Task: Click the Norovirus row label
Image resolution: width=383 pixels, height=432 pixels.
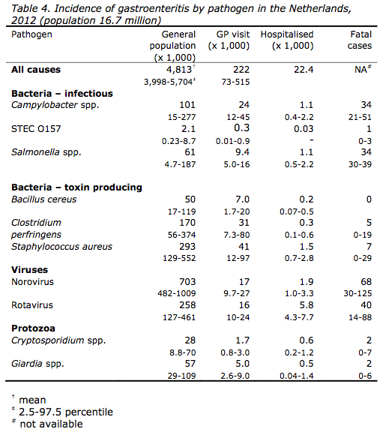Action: coord(32,282)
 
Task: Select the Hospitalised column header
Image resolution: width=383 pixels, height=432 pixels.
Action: coord(287,40)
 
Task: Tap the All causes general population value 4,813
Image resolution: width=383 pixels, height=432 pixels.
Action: coord(178,70)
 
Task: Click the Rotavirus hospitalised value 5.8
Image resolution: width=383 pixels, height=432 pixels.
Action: coord(307,305)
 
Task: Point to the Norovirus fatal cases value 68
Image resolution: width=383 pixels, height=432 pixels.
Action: coord(366,282)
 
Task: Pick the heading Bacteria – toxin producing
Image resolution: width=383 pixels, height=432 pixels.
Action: coord(76,187)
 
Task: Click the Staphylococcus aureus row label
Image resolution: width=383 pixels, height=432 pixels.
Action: coord(61,247)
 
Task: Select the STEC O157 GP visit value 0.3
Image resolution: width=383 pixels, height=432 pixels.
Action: coord(241,127)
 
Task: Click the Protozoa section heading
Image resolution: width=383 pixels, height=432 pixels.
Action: coord(33,328)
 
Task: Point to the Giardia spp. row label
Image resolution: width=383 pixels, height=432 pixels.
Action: coord(37,364)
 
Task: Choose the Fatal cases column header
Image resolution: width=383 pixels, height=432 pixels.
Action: coord(360,40)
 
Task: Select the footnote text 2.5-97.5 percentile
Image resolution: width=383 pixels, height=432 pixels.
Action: coord(66,412)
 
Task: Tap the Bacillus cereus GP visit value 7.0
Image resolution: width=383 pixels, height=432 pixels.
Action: coord(242,199)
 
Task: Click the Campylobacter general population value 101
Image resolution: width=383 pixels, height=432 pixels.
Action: coord(187,105)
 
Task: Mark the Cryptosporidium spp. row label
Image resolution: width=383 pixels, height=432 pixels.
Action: coord(58,340)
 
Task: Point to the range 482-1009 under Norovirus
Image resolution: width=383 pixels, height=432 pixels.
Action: coord(176,294)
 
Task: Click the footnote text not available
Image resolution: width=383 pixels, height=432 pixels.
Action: coord(51,424)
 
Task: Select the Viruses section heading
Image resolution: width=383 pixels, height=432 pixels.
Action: coord(29,270)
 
